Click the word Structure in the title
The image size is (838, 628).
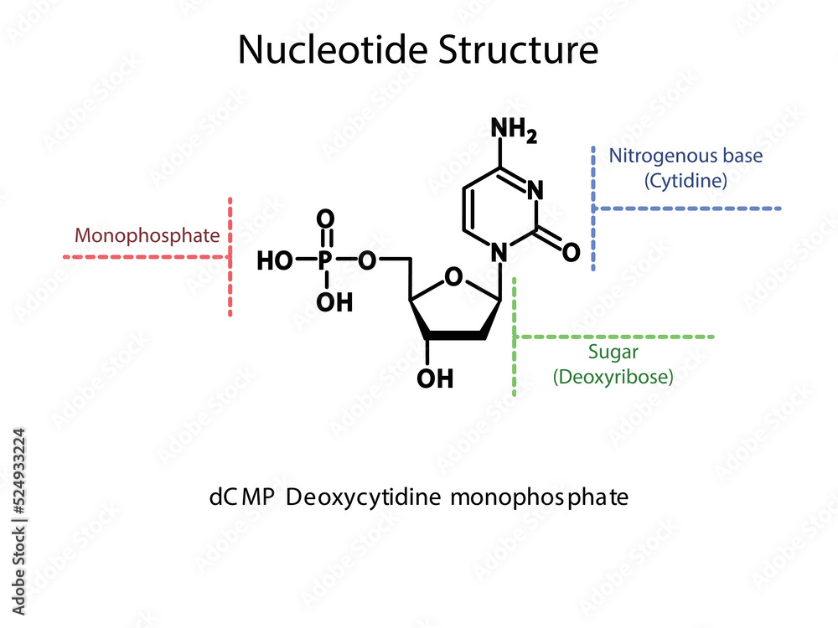(519, 50)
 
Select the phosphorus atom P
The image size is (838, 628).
(325, 261)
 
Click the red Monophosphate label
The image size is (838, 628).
(147, 235)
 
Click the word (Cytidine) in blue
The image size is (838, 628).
(685, 180)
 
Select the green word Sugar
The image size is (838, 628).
(613, 353)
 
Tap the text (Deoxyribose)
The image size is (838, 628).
(613, 377)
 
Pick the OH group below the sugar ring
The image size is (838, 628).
(435, 378)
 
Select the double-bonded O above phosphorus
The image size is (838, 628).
(325, 219)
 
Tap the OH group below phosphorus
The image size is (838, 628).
(334, 301)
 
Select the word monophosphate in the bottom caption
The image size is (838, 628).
(540, 498)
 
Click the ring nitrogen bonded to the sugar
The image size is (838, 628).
(500, 251)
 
